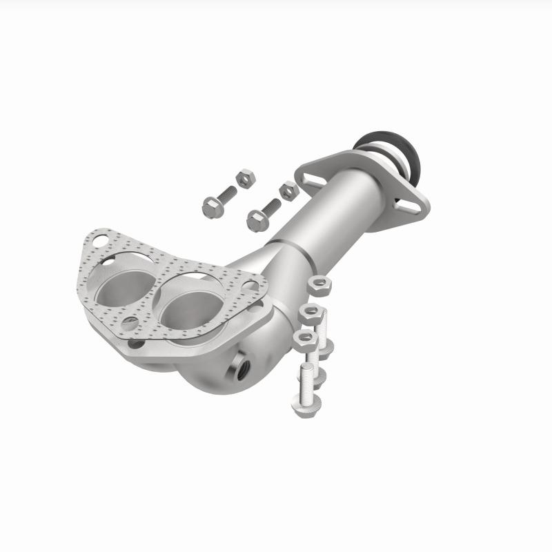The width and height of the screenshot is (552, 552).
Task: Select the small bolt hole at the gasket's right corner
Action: (x=251, y=285)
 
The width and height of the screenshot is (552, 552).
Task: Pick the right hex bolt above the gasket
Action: (x=257, y=219)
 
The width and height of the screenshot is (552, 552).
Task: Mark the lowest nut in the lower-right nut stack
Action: (x=302, y=337)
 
